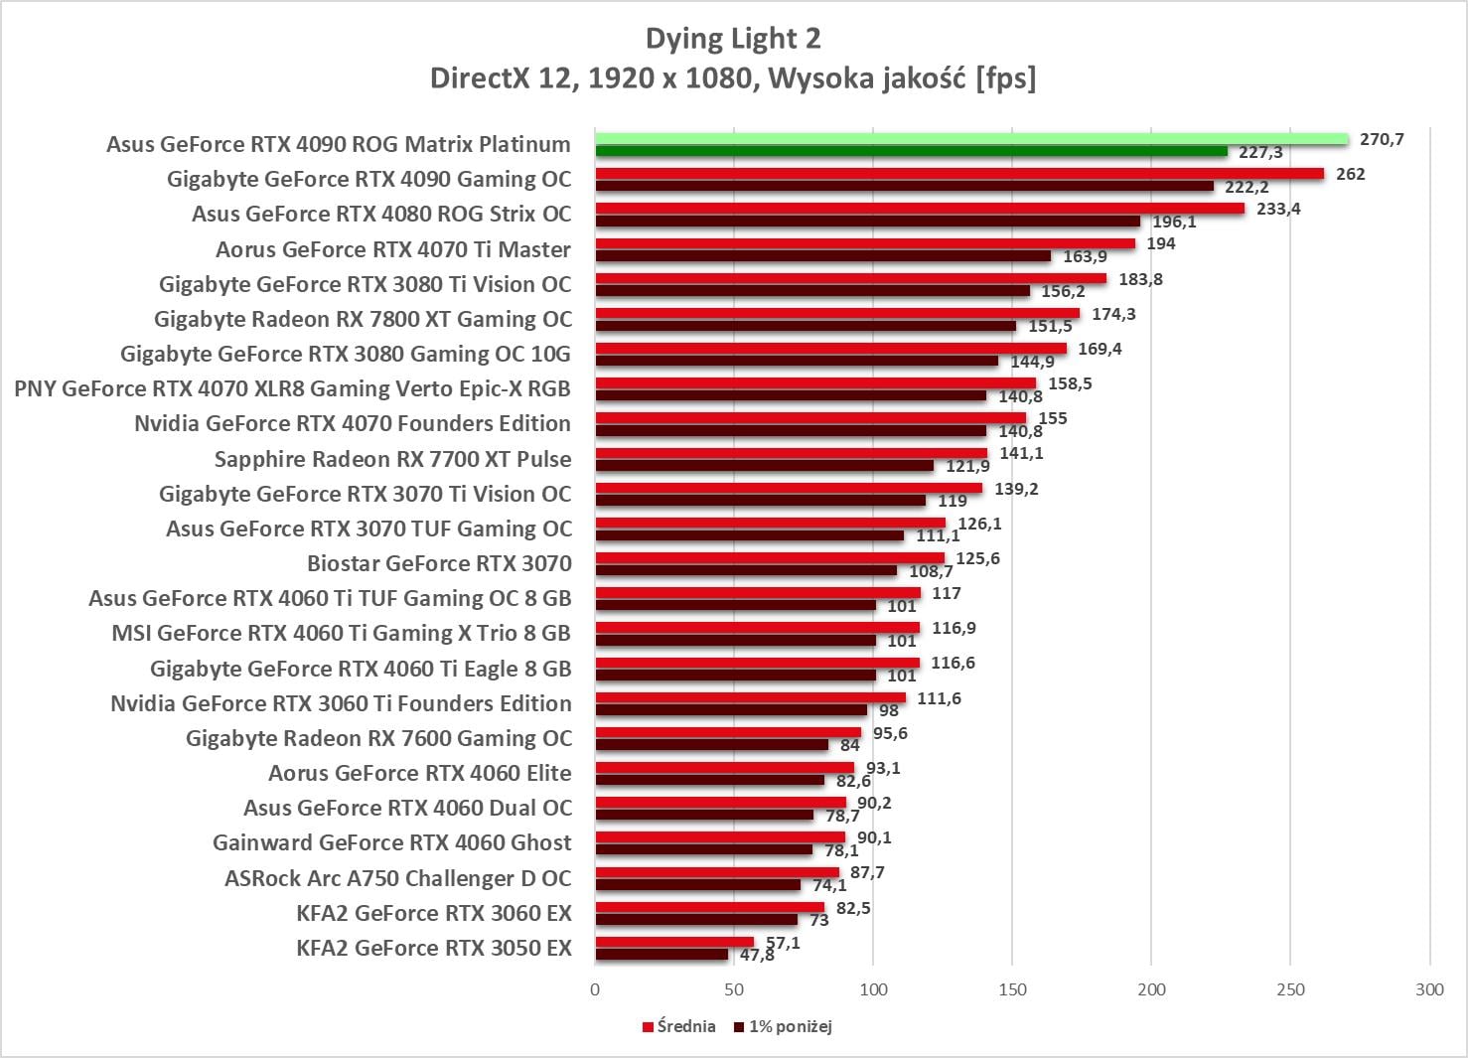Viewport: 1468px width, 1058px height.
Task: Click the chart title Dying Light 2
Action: pos(733,39)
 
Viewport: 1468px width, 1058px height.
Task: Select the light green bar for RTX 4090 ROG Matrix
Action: pos(971,139)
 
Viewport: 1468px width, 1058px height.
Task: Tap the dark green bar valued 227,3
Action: pos(912,152)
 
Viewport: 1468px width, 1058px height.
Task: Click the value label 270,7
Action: pos(1382,139)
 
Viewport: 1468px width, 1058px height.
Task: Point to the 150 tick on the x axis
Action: pos(1012,989)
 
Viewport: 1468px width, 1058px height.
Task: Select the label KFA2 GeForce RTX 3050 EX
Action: pos(434,948)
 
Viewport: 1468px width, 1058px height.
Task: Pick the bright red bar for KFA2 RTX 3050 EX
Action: pos(674,942)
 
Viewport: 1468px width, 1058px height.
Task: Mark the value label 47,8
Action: pos(757,956)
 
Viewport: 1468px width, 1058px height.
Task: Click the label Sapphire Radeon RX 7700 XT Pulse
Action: pos(392,459)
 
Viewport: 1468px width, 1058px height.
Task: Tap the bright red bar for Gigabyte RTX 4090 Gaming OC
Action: pos(959,174)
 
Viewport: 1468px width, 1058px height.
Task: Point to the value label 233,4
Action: pos(1278,209)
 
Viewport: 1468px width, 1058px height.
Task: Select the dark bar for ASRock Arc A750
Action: pos(698,885)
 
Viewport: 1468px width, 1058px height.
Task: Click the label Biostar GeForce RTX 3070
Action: pos(439,563)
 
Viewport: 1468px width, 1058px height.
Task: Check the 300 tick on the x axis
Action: pos(1430,989)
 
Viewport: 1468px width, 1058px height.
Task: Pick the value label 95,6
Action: pos(890,733)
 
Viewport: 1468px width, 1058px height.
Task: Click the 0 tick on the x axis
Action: pos(595,989)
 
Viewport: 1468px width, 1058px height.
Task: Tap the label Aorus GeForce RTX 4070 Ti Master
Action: pos(393,249)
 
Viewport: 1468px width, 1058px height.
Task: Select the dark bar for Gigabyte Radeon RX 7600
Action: pos(712,745)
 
